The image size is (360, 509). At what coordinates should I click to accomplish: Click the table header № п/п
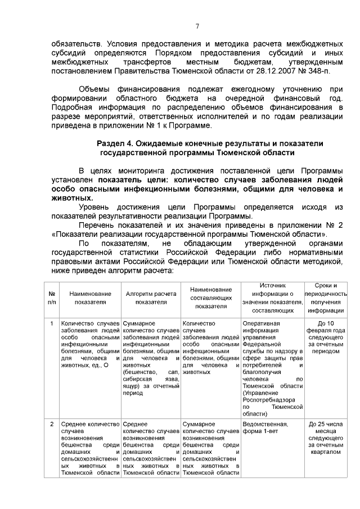[52, 298]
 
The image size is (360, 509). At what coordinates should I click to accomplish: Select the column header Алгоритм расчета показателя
[151, 298]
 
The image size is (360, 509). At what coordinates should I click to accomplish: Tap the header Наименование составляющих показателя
[210, 298]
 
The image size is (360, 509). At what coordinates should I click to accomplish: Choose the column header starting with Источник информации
[273, 298]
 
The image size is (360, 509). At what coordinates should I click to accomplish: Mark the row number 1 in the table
[52, 323]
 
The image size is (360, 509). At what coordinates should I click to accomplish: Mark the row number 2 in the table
[52, 424]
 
